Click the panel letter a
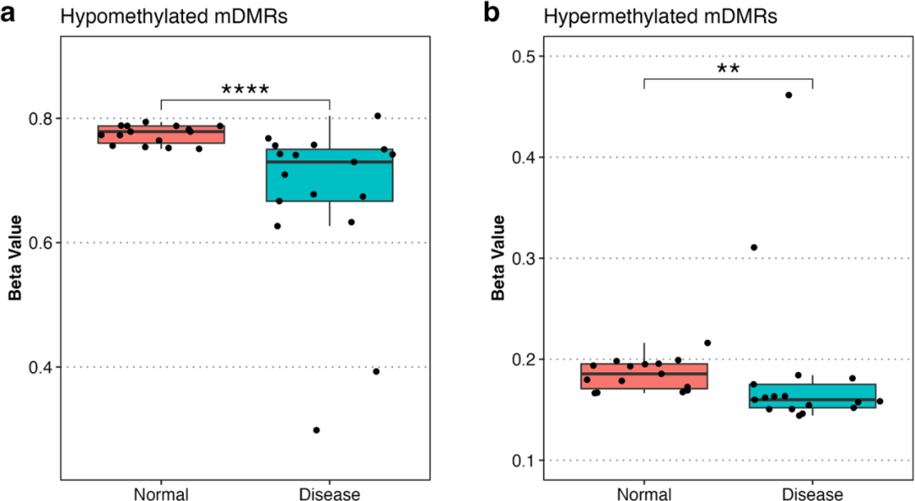click(8, 14)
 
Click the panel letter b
click(491, 12)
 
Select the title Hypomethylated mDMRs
click(174, 16)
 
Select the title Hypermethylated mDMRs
click(660, 16)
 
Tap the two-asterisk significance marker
click(729, 69)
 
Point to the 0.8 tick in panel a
click(41, 119)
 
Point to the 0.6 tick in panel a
click(41, 243)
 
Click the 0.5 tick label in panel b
click(524, 57)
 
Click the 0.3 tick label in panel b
click(524, 259)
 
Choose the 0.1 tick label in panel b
click(524, 460)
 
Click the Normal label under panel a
click(161, 494)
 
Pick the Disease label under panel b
click(812, 494)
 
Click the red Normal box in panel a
click(161, 134)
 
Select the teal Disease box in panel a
click(330, 175)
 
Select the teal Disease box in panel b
click(812, 396)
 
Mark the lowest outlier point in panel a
click(316, 431)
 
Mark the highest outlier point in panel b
click(789, 95)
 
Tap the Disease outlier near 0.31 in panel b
click(754, 248)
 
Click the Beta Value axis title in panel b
click(498, 258)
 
